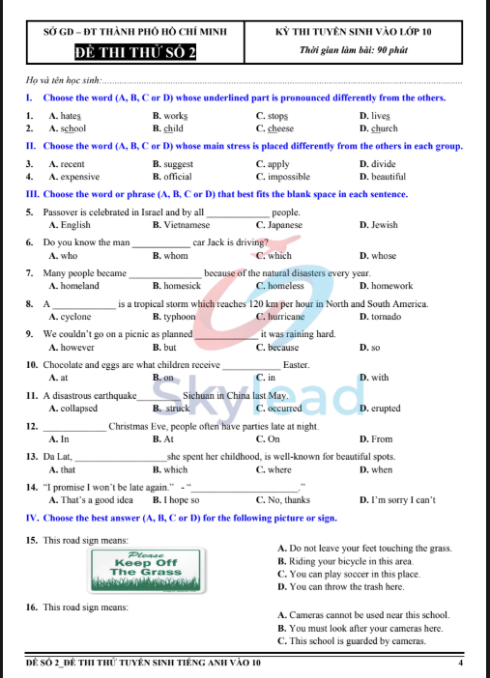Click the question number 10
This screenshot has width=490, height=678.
tap(33, 365)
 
